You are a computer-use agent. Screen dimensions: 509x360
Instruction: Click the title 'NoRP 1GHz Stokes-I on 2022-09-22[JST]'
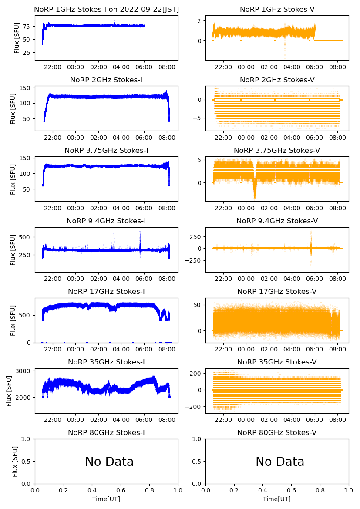106,9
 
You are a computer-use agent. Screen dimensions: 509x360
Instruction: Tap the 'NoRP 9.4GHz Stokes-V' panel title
277,221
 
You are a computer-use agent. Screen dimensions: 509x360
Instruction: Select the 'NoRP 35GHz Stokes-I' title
106,362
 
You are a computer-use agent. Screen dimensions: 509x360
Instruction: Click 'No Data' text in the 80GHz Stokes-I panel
109,462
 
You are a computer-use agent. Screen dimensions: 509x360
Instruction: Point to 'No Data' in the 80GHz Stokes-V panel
280,462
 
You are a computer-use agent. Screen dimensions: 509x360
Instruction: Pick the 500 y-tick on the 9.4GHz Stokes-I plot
26,237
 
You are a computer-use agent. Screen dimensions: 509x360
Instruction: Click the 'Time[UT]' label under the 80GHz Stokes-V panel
277,499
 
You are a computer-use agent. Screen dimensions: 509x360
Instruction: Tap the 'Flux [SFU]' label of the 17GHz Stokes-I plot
13,320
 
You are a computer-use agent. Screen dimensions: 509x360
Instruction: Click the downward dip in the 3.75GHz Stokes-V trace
255,192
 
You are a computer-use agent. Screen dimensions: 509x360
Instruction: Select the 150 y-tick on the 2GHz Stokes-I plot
26,88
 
